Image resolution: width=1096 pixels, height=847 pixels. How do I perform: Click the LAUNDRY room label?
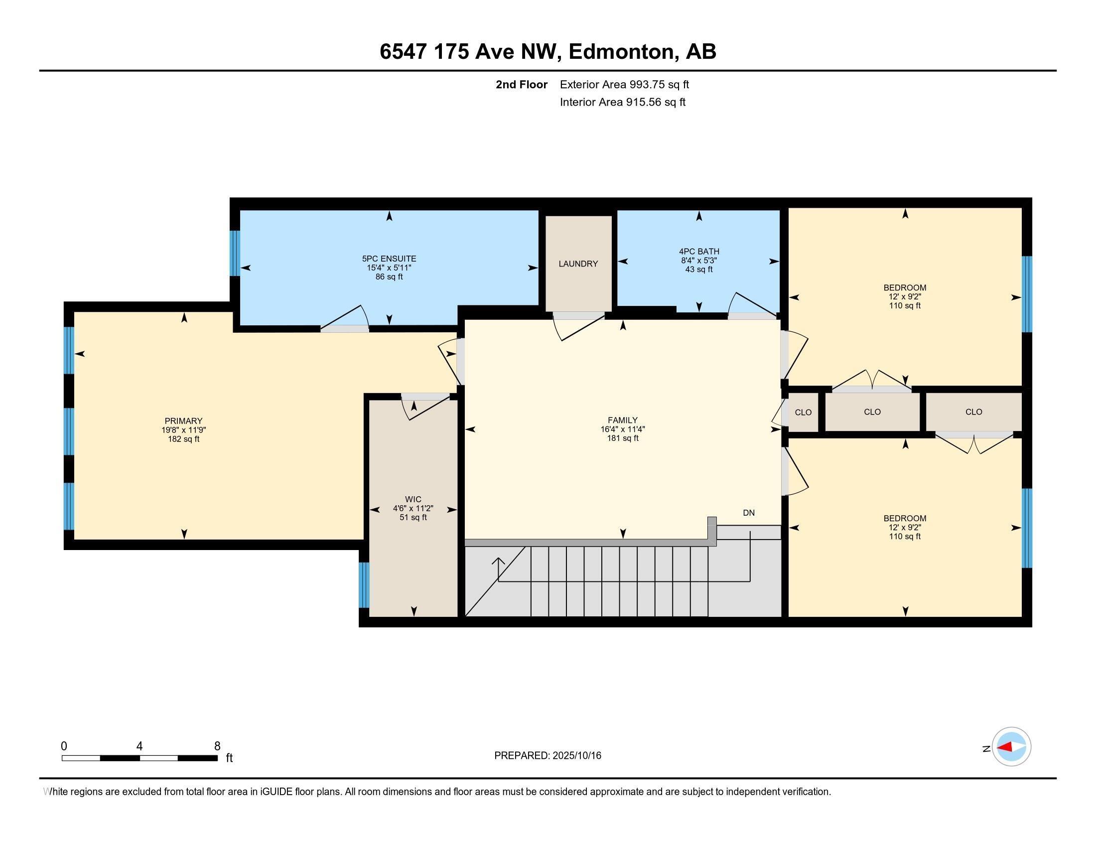click(578, 264)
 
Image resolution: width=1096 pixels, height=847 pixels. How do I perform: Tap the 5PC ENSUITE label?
click(389, 259)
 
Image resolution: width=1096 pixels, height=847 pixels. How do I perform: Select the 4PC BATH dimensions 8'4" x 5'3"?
click(698, 261)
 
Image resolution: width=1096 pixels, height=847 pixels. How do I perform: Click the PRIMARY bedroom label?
click(183, 421)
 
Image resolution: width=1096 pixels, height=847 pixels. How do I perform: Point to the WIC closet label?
click(413, 499)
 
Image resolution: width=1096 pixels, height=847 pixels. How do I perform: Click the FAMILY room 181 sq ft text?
click(622, 438)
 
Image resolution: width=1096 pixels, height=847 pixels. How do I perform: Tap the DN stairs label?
click(748, 513)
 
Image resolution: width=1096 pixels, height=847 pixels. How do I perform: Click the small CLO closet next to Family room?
click(803, 413)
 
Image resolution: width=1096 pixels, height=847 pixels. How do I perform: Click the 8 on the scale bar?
click(217, 746)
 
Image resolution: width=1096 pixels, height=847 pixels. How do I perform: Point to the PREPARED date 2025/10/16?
click(548, 756)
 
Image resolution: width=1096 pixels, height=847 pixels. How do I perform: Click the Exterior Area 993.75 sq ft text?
click(624, 85)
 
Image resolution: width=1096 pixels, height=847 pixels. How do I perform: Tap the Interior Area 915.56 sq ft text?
click(622, 102)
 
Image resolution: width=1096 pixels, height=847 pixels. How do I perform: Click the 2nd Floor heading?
click(522, 85)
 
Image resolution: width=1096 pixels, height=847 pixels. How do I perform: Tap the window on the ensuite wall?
click(235, 253)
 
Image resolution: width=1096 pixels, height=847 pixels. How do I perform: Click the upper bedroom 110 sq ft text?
click(904, 305)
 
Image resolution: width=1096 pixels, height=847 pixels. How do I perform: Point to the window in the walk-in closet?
click(364, 585)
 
